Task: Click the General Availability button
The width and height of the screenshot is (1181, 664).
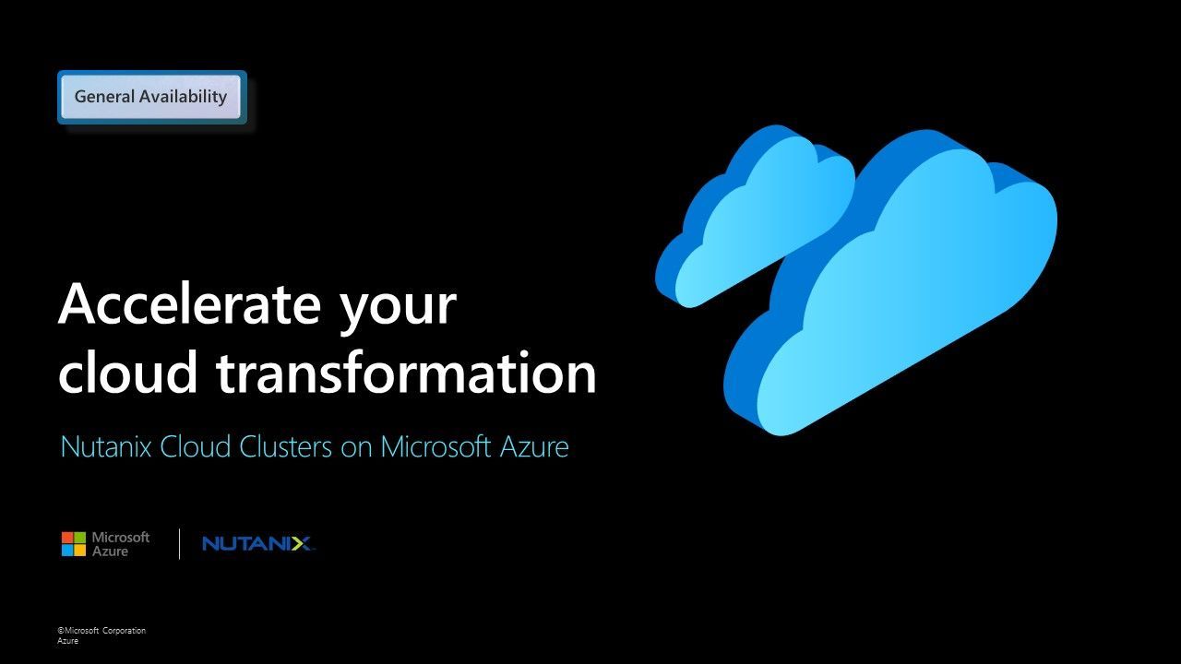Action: (152, 97)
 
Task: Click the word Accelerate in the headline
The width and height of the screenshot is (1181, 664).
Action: (189, 304)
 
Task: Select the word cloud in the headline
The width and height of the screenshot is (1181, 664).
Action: (127, 371)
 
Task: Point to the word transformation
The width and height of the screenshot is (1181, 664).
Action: (407, 371)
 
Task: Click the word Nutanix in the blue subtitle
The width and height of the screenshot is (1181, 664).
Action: (106, 447)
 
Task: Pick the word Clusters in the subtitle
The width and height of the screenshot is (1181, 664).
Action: (286, 447)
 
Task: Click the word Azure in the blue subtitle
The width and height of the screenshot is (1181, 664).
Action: (534, 447)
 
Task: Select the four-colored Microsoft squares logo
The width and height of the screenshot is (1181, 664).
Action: (73, 544)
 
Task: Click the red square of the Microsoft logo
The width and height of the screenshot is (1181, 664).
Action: (67, 538)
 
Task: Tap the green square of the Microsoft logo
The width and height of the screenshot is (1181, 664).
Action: (79, 538)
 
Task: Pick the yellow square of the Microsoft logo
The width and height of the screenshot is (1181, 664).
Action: (79, 551)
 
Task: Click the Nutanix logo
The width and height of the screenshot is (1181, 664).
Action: (257, 544)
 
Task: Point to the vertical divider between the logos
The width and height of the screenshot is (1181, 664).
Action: (179, 544)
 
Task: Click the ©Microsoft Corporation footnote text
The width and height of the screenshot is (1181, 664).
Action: (101, 630)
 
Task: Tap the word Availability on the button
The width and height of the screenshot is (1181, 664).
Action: (183, 97)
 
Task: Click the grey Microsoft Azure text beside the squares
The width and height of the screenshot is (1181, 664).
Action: (121, 544)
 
